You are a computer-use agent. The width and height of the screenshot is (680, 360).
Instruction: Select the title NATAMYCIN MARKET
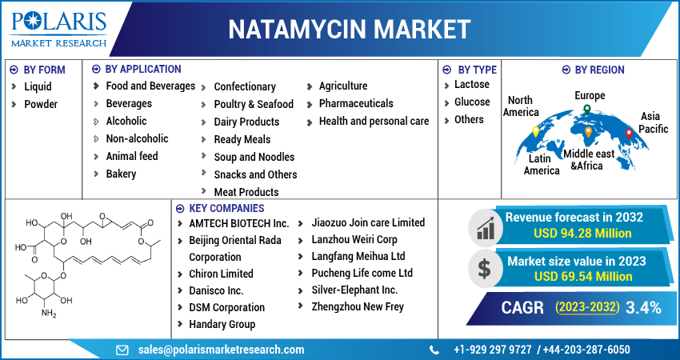click(x=350, y=29)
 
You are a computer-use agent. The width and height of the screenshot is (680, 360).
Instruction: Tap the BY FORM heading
click(x=44, y=70)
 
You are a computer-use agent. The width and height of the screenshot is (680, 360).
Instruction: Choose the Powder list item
click(x=41, y=104)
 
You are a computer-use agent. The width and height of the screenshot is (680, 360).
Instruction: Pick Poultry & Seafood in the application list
click(x=254, y=104)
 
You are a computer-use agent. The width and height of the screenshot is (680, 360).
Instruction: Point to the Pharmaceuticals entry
click(x=356, y=103)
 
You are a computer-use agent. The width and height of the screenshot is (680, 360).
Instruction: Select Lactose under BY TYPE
click(x=471, y=84)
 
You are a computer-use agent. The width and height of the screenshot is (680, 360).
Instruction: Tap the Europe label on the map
click(x=590, y=95)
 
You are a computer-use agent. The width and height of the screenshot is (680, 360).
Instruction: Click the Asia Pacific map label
click(x=653, y=122)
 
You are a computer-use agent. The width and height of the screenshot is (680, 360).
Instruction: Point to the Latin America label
click(x=542, y=164)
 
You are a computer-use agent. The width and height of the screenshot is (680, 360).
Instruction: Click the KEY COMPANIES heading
click(x=223, y=208)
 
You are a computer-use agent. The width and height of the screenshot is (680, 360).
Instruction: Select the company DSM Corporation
click(x=226, y=307)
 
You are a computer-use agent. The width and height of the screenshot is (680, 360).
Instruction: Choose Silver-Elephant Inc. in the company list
click(x=354, y=290)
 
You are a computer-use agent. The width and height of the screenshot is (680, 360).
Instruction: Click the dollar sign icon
click(x=483, y=267)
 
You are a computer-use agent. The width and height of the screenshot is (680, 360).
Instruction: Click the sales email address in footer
click(x=221, y=350)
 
